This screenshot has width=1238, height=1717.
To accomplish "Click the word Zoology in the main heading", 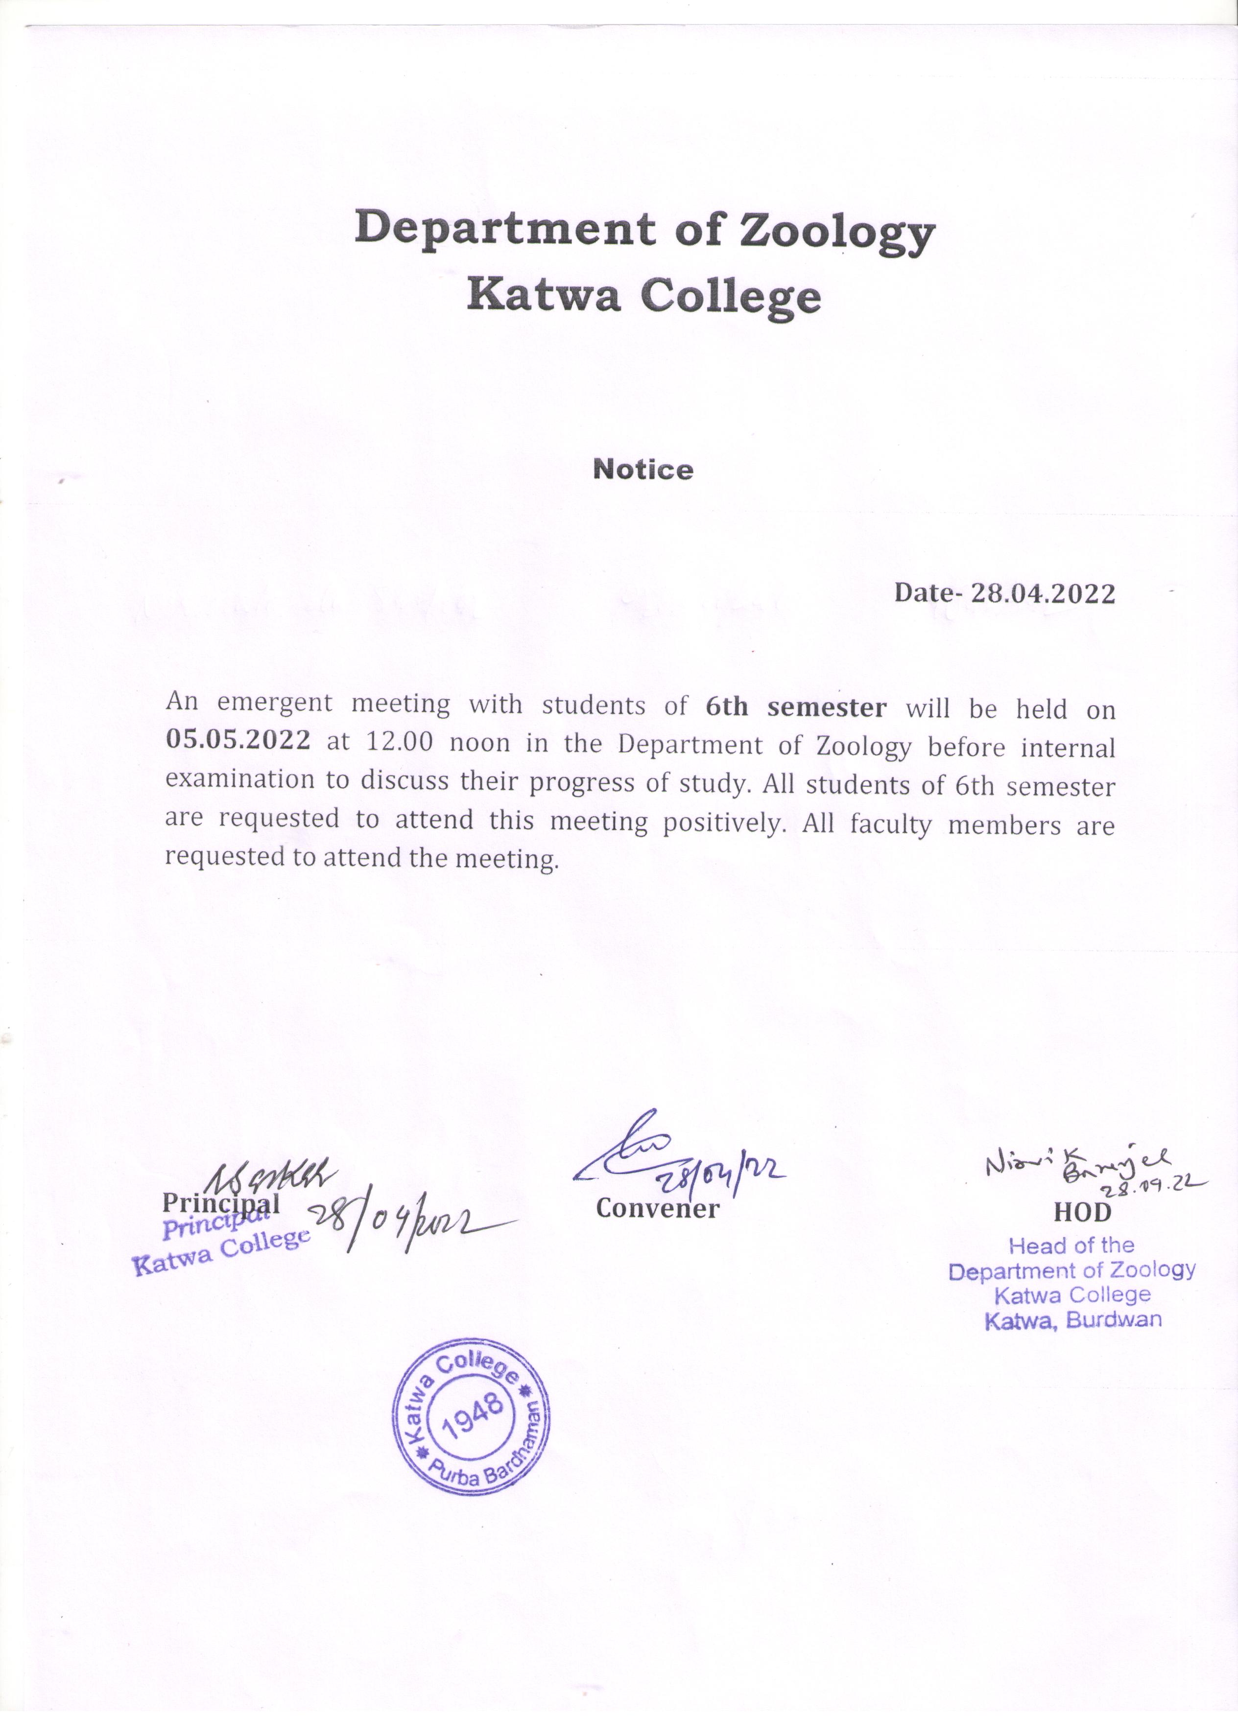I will point(837,232).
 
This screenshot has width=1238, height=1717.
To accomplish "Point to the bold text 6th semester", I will point(795,707).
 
